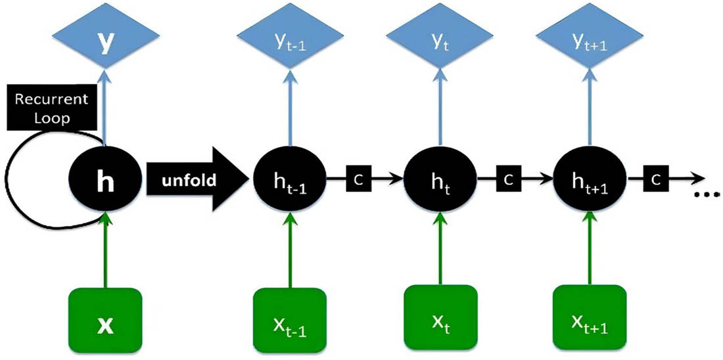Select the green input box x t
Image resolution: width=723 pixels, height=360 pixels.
coord(438,320)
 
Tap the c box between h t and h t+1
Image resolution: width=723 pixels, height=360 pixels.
coord(510,179)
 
